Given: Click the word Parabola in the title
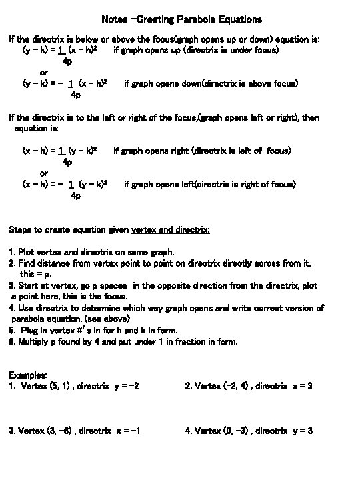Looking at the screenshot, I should [193, 19].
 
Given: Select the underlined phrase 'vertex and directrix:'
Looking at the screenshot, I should [171, 230].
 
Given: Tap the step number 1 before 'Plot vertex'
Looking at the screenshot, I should [11, 252].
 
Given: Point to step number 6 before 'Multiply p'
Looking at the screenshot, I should [11, 342].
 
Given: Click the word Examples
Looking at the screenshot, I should [28, 375].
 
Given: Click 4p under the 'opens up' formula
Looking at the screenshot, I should [67, 61].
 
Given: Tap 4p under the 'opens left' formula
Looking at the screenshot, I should [75, 195].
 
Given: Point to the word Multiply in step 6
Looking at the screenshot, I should [35, 342].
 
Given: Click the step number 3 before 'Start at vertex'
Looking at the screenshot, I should [11, 285].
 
